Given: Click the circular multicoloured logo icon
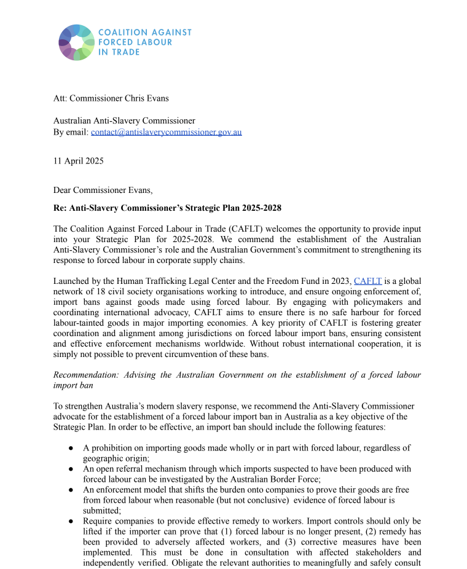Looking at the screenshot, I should coord(77,42).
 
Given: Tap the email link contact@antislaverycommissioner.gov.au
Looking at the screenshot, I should coord(166,132).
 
